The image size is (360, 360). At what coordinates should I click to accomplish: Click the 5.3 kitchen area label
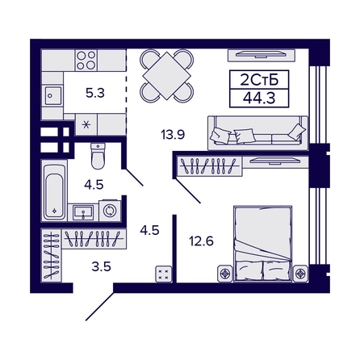point(95,93)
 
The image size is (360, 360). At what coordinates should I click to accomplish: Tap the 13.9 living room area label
point(173,134)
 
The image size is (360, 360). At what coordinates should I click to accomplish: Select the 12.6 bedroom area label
point(201,241)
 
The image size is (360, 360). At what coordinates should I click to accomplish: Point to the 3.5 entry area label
point(102,266)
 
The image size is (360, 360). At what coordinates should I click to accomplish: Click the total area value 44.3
point(259,98)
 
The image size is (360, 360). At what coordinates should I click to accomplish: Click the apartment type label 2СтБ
point(259,80)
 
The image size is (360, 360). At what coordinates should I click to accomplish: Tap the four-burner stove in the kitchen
point(86,61)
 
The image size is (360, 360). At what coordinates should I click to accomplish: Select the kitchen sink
point(53,95)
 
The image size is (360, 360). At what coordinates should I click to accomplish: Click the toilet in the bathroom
point(98,156)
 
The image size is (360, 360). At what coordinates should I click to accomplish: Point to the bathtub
point(55,192)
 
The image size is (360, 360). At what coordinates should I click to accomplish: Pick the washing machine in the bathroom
point(110,211)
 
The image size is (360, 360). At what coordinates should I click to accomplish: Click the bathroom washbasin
point(83,212)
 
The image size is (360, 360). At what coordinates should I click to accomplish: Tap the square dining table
point(167,76)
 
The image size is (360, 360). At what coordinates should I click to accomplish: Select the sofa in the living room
point(257,133)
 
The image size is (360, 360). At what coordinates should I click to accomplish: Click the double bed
point(263,244)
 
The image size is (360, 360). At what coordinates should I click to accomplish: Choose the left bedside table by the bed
point(225,274)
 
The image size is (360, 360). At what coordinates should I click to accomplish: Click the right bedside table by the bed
point(300,274)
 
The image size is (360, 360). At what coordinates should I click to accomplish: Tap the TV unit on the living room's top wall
point(260,55)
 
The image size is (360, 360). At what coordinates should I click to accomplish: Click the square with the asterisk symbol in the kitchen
point(86,124)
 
